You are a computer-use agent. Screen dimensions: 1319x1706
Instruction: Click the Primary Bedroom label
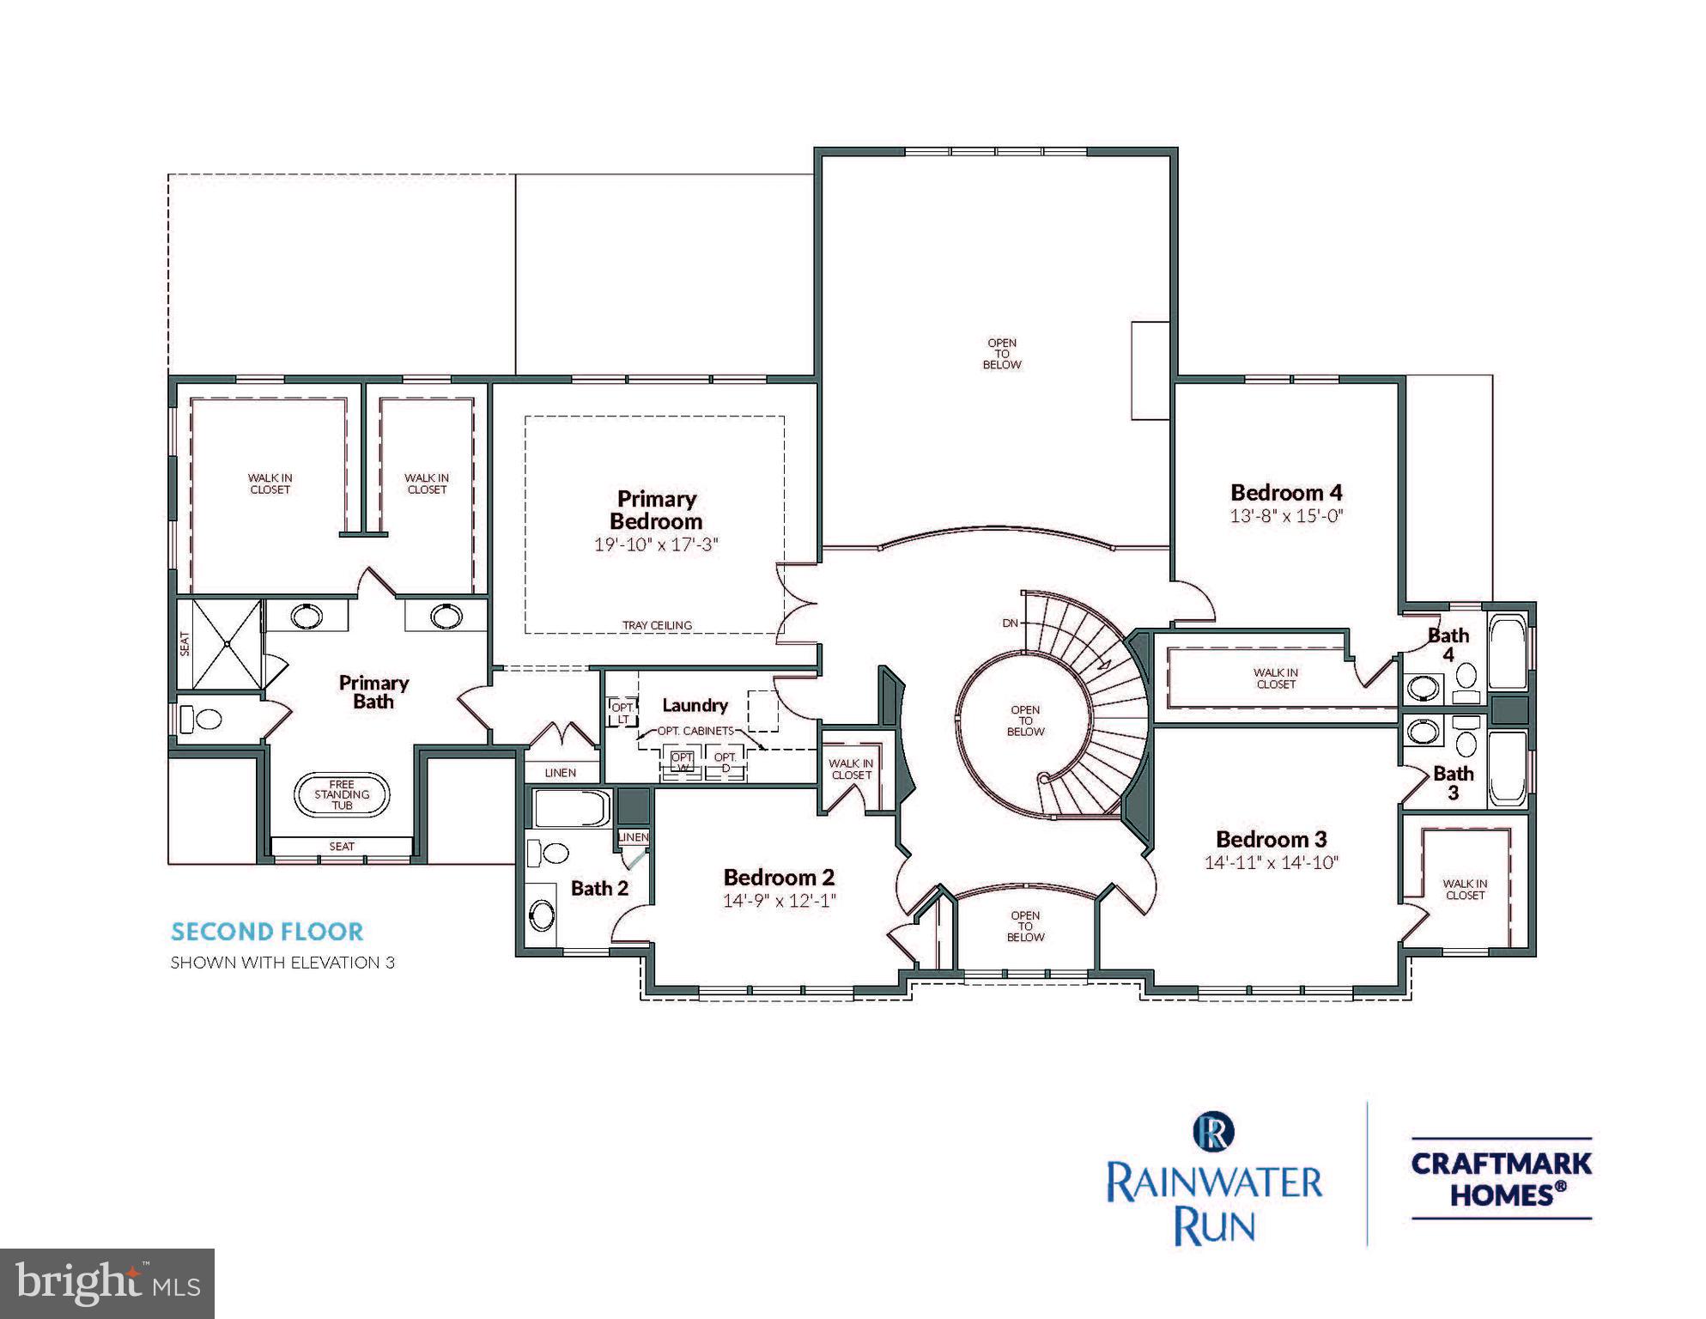[656, 510]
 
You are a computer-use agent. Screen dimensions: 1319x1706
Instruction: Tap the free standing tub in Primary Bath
[342, 794]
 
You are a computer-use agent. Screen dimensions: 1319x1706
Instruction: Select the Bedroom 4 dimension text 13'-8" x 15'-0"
[1285, 516]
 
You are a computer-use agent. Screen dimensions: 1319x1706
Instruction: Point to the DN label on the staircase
[1011, 623]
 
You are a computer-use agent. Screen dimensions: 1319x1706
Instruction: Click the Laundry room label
[695, 705]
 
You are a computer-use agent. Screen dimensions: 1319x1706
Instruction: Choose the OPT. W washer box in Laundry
[682, 762]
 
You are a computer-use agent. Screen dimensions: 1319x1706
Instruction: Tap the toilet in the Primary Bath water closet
[203, 718]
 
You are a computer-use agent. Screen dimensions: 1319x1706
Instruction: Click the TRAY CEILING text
[657, 626]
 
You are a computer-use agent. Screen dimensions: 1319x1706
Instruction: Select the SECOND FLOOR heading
[267, 932]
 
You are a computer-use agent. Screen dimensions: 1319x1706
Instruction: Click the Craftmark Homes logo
[1501, 1178]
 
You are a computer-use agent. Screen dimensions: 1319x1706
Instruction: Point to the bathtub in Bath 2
[571, 809]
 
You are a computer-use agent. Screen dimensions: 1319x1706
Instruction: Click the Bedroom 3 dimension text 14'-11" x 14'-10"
[1272, 863]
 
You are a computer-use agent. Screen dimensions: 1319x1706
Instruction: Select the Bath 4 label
[1448, 644]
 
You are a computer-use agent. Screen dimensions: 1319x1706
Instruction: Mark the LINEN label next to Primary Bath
[560, 773]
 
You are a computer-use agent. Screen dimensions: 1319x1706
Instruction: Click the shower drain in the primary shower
[227, 643]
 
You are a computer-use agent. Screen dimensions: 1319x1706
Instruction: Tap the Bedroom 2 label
[779, 878]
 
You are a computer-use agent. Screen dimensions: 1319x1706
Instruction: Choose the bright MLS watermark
[107, 1284]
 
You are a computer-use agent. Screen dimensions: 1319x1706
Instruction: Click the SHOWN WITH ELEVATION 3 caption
[282, 963]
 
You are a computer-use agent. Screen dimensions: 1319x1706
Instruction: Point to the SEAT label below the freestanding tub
[342, 847]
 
